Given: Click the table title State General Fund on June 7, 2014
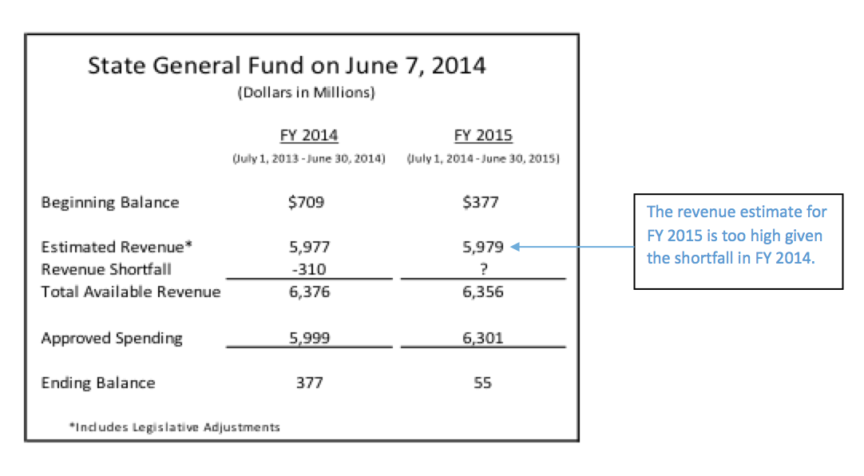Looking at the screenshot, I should click(287, 65).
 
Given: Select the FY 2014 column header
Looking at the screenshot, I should click(308, 135).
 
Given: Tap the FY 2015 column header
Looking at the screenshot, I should click(483, 135).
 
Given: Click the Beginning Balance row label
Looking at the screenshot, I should click(110, 203).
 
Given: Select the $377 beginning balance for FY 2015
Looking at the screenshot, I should click(481, 202).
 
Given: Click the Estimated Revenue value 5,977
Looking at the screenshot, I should click(308, 248).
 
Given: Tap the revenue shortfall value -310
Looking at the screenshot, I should click(308, 269).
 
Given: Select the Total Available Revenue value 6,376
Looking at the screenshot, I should click(308, 292).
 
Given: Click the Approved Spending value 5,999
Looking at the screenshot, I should click(308, 338).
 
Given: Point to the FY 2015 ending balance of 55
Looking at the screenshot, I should click(482, 383).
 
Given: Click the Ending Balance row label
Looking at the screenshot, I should click(98, 383).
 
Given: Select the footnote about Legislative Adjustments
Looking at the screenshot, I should click(175, 427).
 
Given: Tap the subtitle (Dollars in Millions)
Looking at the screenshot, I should click(306, 93).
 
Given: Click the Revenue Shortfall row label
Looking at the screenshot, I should click(106, 269).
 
